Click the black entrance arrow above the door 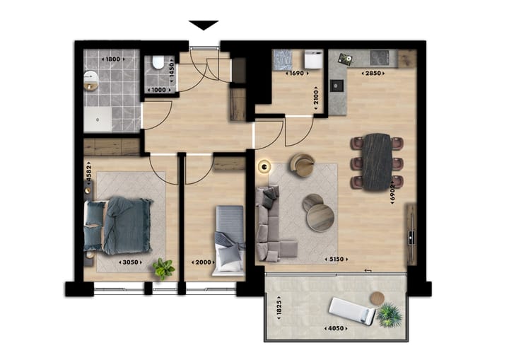click(x=205, y=25)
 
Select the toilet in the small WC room click(x=160, y=66)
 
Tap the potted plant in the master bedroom click(x=164, y=268)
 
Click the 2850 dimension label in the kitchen click(x=373, y=73)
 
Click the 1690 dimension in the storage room click(x=297, y=73)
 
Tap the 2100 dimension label click(x=316, y=96)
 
